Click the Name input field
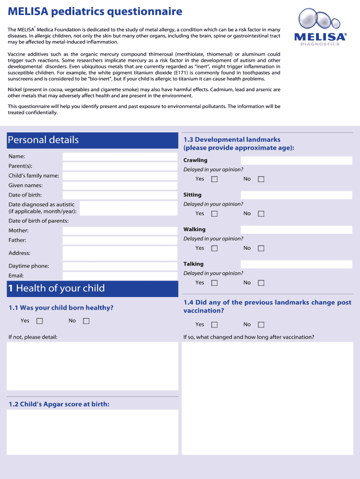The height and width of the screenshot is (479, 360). coord(120,157)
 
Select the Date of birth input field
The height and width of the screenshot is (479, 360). coord(120,195)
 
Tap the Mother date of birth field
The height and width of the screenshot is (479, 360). coord(120,231)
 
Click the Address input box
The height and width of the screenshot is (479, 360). coord(120,253)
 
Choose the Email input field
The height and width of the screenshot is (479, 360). coord(120,276)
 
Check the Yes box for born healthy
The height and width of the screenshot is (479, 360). coord(40,321)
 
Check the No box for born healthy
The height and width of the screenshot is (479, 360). coord(86,321)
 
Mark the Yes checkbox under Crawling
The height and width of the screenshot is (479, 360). coord(215,179)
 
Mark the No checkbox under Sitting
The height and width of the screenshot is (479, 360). coord(261,214)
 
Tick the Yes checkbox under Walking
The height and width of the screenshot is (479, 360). coord(215,248)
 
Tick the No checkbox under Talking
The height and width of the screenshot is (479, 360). coord(261,283)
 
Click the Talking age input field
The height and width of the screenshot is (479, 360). coord(296,264)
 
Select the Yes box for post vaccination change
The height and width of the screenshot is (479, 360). coord(215,325)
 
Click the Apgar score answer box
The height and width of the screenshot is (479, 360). coord(92,432)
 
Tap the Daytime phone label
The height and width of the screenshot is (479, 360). coord(29,266)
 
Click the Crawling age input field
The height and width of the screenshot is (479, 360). coord(296,160)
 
